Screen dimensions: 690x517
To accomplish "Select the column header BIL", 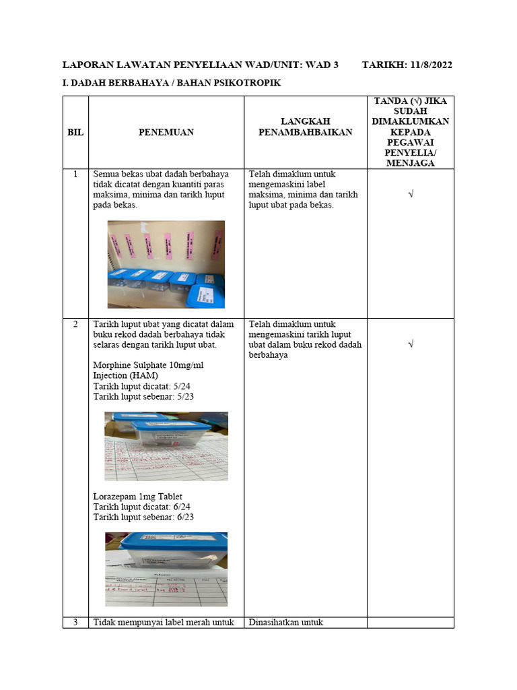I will [75, 132].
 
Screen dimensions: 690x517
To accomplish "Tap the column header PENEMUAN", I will [166, 132].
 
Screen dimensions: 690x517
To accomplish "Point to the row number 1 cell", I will [75, 175].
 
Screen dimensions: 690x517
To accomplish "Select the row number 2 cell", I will [75, 324].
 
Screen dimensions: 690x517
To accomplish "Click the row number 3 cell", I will [75, 622].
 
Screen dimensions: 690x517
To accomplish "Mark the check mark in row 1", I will [410, 194].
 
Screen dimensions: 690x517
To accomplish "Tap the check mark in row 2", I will [410, 344].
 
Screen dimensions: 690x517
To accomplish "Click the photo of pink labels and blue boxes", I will [166, 264].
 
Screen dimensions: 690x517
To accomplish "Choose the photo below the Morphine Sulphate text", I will [166, 446].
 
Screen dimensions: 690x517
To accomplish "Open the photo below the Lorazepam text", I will [166, 569].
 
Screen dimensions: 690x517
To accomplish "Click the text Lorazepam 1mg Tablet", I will [137, 497].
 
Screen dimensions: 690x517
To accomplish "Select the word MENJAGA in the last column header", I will [410, 162].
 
